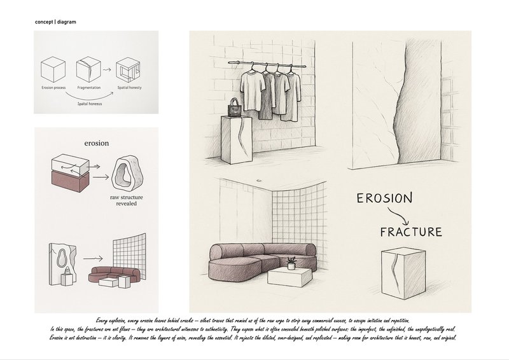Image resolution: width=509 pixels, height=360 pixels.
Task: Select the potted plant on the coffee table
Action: click(291, 263)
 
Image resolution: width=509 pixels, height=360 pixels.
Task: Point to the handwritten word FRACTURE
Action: click(410, 231)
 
